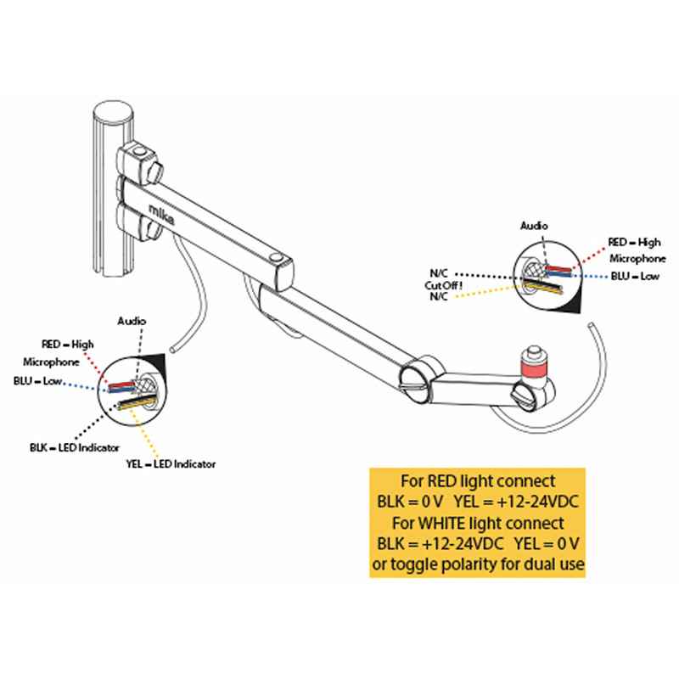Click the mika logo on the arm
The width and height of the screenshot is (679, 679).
point(159,210)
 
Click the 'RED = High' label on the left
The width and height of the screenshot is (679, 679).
point(67,344)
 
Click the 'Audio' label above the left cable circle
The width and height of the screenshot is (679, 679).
point(132,323)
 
